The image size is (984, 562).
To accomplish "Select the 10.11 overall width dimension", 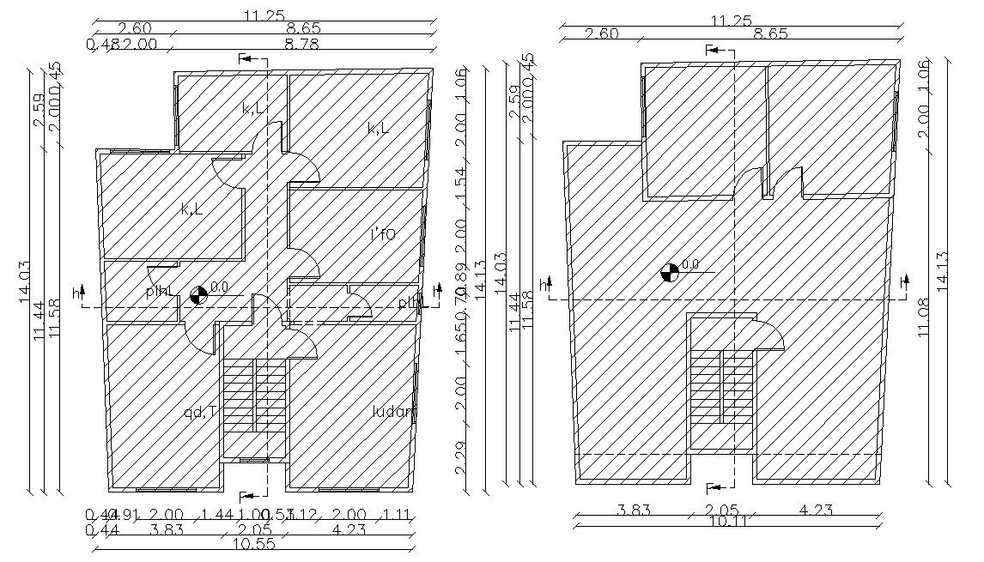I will click(727, 522).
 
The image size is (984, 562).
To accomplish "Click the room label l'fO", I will click(383, 233).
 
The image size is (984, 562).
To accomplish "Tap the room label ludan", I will click(393, 412).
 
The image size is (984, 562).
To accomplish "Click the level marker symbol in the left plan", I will click(198, 295).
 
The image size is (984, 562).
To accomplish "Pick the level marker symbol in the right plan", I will click(669, 273).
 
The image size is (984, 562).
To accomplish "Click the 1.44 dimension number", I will click(218, 515).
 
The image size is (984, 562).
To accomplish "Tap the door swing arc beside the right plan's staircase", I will click(769, 335).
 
